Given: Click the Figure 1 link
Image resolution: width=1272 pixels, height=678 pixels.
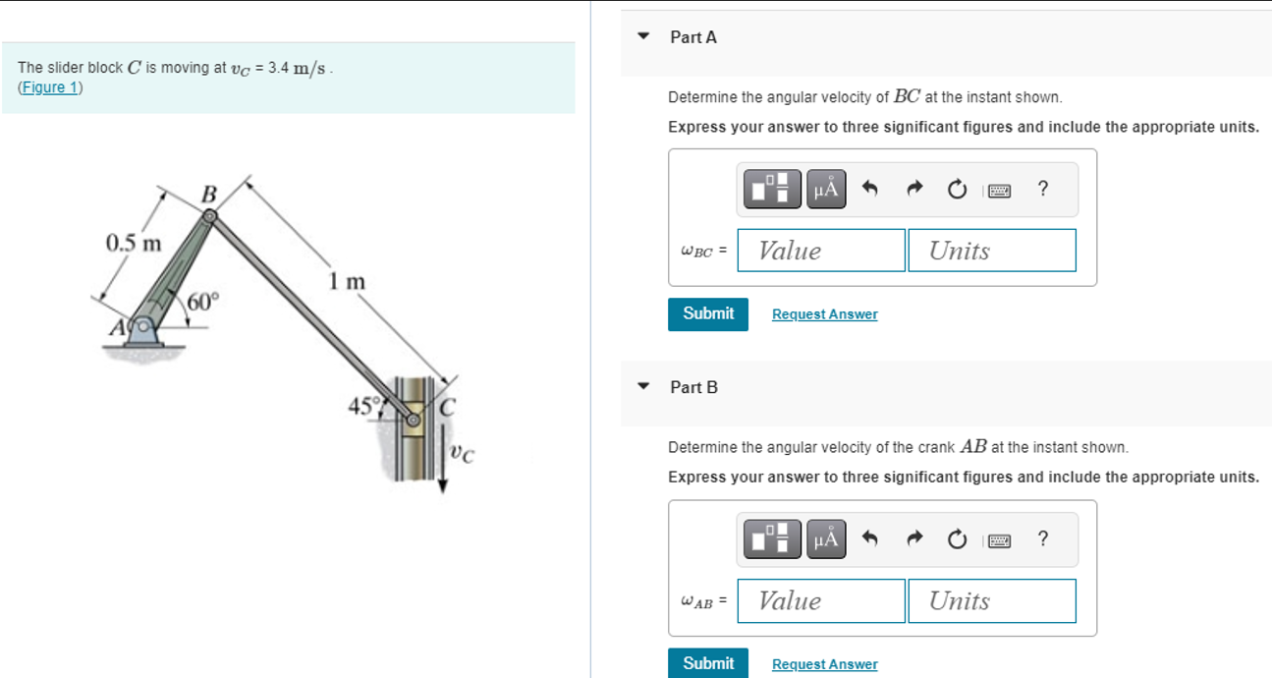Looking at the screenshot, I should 50,87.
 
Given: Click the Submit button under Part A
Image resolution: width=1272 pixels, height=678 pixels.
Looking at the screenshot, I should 707,313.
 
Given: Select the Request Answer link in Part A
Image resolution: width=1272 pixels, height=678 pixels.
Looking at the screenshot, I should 824,314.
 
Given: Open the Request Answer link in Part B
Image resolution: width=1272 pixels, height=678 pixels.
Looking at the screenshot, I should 824,664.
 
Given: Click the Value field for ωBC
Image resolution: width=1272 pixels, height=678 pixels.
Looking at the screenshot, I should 820,251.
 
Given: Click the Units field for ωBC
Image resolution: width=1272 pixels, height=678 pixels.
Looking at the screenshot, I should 991,251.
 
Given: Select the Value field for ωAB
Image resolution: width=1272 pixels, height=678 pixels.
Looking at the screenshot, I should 820,600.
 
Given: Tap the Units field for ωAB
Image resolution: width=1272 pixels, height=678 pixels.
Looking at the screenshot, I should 991,600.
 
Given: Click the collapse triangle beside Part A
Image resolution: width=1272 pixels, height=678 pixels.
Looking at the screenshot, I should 644,36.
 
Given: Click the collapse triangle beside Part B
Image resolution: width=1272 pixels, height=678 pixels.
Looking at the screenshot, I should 644,386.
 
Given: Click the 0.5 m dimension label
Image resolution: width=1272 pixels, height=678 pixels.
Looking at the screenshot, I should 134,243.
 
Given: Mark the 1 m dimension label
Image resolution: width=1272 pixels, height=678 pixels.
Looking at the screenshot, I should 347,282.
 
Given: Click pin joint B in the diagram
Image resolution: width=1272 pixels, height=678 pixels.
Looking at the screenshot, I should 210,214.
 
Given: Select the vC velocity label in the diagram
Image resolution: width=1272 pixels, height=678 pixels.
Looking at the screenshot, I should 462,453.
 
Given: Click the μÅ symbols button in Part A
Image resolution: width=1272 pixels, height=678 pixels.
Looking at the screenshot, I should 825,188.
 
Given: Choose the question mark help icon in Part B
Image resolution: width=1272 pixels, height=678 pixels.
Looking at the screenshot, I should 1042,538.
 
